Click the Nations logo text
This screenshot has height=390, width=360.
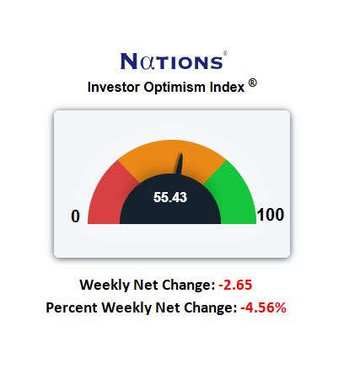point(172,61)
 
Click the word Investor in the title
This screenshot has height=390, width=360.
point(113,87)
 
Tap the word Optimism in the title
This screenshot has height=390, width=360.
point(175,88)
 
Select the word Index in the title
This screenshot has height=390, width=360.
point(227,87)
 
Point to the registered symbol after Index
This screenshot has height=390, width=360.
point(253,83)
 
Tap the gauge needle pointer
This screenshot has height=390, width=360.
point(180,164)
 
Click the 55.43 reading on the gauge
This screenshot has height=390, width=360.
point(170,197)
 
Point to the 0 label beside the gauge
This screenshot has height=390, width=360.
point(75,216)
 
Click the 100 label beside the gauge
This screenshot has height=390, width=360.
point(271,215)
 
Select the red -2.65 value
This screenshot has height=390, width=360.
point(235,285)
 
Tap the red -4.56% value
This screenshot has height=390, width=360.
point(264,307)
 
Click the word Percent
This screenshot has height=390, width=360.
point(72,307)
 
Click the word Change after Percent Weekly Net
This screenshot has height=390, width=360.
point(211,308)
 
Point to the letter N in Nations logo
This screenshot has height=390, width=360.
point(129,61)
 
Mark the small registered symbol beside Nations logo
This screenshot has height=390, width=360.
point(225,53)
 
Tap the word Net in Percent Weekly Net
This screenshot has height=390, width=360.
point(167,307)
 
